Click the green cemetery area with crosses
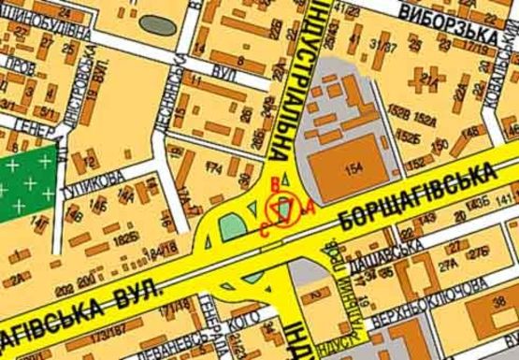(29, 186)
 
